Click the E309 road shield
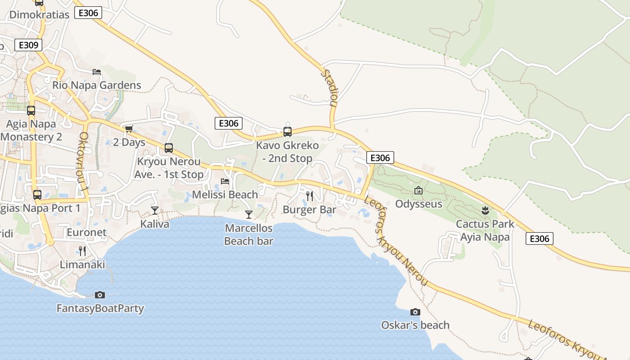click(x=28, y=45)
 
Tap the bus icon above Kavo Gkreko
click(x=287, y=132)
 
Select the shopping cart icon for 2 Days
click(x=129, y=129)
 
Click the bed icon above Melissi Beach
click(x=225, y=181)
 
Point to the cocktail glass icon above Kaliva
click(x=155, y=210)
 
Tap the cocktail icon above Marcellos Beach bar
click(x=248, y=214)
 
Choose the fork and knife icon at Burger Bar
click(x=309, y=196)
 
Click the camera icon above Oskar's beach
click(x=415, y=312)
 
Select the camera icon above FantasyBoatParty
click(x=100, y=295)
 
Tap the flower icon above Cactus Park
click(x=485, y=210)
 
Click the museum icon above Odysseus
click(x=418, y=191)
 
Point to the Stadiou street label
click(x=330, y=87)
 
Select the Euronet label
click(x=86, y=233)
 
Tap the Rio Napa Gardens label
click(x=96, y=85)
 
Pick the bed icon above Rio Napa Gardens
click(x=97, y=72)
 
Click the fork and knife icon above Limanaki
click(x=82, y=251)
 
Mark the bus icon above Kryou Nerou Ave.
click(x=169, y=148)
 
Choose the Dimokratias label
click(x=39, y=14)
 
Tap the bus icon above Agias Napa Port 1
click(x=37, y=195)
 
